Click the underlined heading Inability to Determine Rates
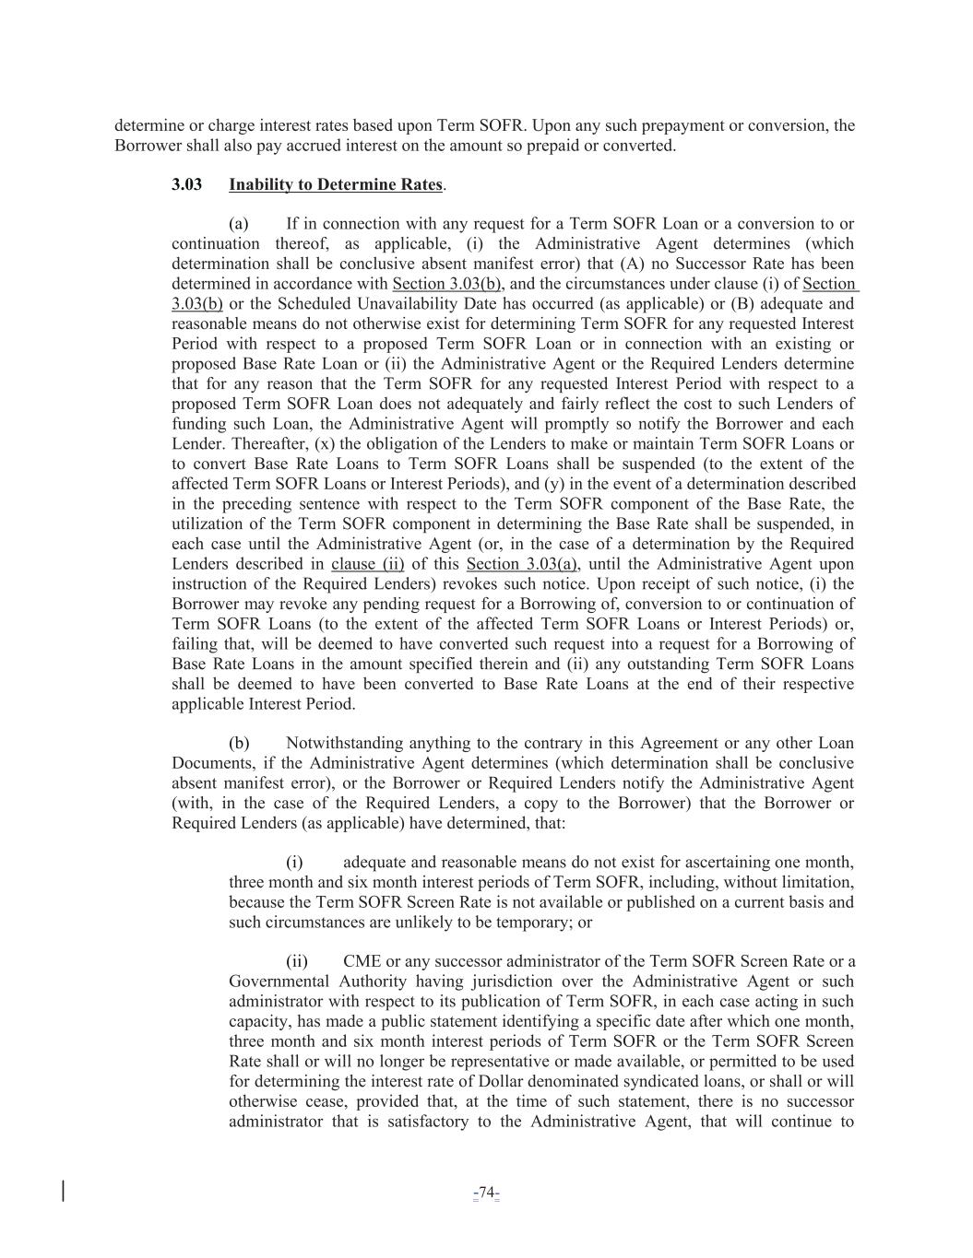[x=336, y=184]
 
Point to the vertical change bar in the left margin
[x=63, y=1190]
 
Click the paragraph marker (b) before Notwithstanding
[x=239, y=743]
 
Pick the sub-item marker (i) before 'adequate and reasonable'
[x=294, y=863]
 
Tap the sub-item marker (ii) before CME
[x=296, y=962]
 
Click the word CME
[x=362, y=962]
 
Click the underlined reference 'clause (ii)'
[x=367, y=564]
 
